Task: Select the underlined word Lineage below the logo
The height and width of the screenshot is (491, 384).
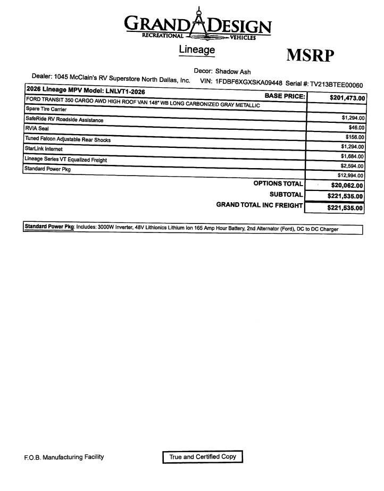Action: pos(197,49)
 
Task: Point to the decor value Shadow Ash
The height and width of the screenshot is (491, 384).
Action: pos(233,71)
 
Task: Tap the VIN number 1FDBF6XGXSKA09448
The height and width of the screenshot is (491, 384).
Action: pos(248,82)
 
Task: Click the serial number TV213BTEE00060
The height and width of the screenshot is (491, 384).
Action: pos(336,85)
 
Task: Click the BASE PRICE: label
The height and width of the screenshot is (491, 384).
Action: pos(285,96)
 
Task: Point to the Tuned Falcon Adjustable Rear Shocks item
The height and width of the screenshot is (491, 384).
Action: pos(68,139)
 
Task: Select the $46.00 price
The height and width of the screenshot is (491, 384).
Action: pos(356,128)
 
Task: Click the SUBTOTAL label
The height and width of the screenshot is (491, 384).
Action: pos(286,195)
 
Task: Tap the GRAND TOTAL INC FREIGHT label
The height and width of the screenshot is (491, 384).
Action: pos(259,205)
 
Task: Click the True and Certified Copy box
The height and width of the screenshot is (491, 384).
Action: pos(203,457)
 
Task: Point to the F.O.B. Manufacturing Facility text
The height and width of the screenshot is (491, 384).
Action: pos(64,457)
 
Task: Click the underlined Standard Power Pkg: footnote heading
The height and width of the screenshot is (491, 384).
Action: pos(49,227)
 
